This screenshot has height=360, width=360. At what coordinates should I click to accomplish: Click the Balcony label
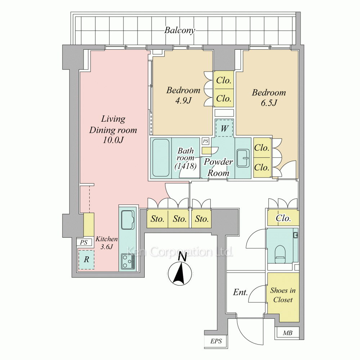tap(180, 30)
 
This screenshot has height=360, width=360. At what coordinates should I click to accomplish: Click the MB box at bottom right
tap(287, 333)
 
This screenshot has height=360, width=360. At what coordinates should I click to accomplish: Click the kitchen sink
tap(128, 220)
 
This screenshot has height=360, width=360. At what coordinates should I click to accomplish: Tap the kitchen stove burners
tap(128, 261)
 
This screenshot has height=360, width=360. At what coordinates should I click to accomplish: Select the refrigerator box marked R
tap(86, 259)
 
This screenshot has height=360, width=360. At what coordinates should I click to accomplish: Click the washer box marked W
tap(224, 129)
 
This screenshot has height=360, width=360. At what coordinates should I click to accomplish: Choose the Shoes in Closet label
tap(283, 295)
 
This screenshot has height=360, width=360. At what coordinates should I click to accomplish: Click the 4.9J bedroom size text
tap(183, 101)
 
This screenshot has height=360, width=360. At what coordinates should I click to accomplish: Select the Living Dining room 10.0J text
tap(113, 130)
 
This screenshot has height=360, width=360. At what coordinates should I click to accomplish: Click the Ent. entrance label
tap(240, 292)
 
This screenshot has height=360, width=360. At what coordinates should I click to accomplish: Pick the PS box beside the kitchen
tap(84, 243)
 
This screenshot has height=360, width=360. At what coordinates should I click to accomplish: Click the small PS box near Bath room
tap(206, 141)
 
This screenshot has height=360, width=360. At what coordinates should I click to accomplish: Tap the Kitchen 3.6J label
tap(106, 243)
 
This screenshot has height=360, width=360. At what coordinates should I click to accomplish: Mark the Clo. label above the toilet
tap(283, 218)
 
